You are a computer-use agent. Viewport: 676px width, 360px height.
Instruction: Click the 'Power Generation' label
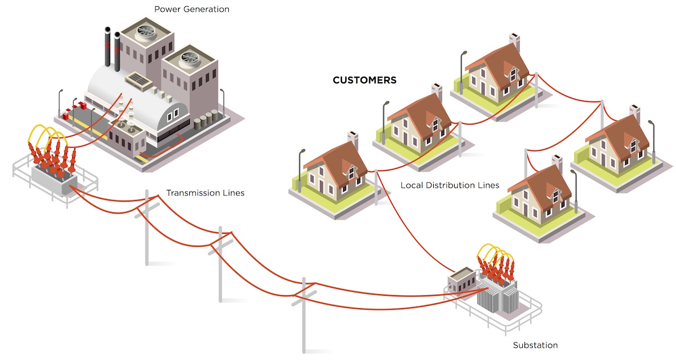192,10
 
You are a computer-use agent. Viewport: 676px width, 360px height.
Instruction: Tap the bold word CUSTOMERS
364,80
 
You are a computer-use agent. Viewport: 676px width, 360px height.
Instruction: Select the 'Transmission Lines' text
205,193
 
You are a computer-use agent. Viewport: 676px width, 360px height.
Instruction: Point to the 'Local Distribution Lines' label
450,185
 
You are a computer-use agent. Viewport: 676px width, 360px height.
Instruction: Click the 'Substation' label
535,345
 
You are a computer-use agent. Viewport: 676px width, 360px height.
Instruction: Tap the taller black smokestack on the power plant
107,47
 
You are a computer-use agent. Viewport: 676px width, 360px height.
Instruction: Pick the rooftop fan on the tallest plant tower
146,32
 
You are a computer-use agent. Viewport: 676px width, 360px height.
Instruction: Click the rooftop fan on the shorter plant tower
189,59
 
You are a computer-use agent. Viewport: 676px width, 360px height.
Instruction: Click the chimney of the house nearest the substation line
353,140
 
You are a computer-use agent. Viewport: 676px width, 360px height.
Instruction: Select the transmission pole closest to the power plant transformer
147,228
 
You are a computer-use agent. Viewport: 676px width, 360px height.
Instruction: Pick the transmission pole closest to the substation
304,315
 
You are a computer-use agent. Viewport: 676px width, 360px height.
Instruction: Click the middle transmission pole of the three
221,264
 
